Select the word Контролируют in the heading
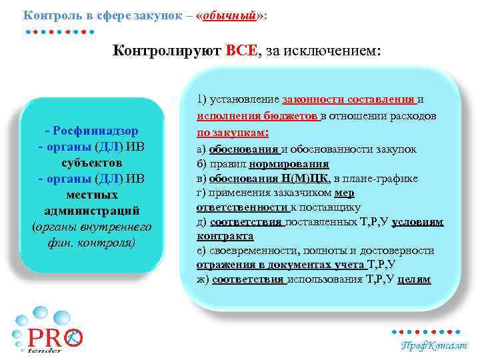pyautogui.click(x=167, y=49)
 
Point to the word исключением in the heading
pyautogui.click(x=340, y=49)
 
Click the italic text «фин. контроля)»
pyautogui.click(x=92, y=243)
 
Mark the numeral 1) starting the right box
pyautogui.click(x=203, y=100)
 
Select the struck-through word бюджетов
pyautogui.click(x=291, y=116)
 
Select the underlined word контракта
pyautogui.click(x=225, y=236)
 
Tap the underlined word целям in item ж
pyautogui.click(x=413, y=279)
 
